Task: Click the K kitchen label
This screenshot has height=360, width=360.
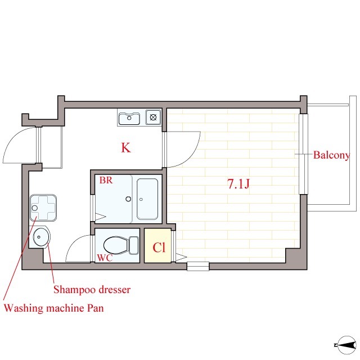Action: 126,147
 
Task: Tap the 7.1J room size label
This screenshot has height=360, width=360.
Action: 238,184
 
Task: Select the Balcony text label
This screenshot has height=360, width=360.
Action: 331,155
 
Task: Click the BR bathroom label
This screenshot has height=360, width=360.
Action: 106,180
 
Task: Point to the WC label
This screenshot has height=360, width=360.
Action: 105,258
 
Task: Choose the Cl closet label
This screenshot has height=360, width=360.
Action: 159,247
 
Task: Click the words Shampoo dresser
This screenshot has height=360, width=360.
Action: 92,290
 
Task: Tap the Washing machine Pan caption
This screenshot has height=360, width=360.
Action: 54,308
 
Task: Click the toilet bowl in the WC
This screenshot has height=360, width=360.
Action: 116,245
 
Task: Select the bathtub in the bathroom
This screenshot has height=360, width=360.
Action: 147,199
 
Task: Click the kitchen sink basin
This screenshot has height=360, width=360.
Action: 129,118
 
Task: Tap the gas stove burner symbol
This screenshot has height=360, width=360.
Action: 153,118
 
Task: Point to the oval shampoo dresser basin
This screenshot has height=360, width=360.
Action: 41,237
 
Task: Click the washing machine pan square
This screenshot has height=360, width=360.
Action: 43,208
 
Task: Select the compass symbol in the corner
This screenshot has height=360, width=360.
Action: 346,345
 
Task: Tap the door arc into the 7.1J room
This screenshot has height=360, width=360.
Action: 192,156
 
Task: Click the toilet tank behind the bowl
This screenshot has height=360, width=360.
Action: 134,245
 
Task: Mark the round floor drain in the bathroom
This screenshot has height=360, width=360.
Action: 128,199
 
